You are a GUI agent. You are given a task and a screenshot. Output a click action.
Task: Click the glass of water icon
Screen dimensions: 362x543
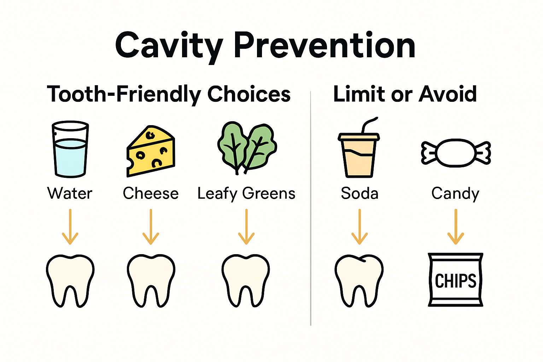70,149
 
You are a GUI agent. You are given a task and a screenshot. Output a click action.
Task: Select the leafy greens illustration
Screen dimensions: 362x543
247,148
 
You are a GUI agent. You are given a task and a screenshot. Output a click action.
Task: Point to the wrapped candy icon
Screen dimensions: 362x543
456,153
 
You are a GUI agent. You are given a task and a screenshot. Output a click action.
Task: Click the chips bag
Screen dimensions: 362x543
455,279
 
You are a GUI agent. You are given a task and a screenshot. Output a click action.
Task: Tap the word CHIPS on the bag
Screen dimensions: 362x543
455,281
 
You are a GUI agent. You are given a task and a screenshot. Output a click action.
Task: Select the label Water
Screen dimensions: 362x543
70,193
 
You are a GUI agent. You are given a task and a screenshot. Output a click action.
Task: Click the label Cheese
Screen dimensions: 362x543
151,193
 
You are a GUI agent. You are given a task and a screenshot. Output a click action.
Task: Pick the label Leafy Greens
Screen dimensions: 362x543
246,194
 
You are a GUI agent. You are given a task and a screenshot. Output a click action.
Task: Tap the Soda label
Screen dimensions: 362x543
360,193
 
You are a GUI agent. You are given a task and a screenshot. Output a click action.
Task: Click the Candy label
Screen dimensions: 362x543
455,194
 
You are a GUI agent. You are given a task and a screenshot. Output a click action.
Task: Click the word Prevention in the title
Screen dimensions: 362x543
324,46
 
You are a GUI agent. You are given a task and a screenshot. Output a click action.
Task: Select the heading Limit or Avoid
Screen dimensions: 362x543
405,94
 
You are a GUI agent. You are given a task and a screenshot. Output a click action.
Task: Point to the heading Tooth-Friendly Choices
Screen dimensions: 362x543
169,94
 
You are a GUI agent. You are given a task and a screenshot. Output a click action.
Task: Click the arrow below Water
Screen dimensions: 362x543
70,227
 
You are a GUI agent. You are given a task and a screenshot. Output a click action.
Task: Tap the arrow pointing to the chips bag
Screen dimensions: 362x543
456,227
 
